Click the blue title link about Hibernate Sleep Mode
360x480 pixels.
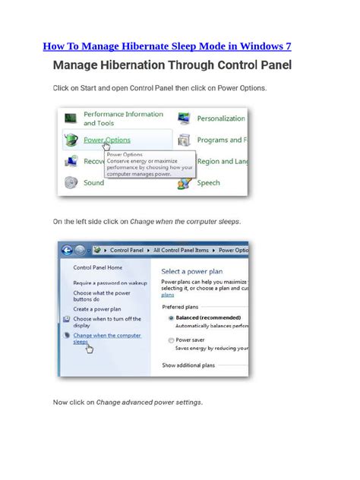167,46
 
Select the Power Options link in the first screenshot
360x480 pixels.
106,140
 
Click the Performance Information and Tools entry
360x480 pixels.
123,118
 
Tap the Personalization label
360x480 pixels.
221,118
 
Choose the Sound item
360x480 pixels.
93,182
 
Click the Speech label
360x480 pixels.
208,182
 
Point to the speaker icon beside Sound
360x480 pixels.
71,182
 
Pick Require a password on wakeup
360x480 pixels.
110,283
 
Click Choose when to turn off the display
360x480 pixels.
107,323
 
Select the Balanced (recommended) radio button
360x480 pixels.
171,317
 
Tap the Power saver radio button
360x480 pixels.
171,340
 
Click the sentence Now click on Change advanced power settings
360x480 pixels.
128,402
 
